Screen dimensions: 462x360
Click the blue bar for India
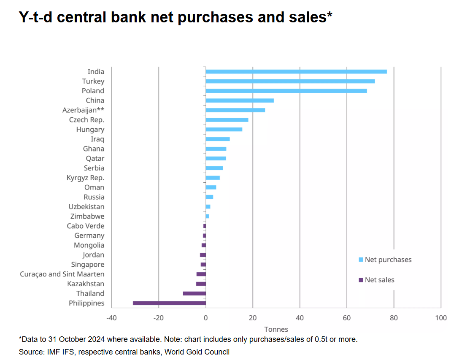[296, 72]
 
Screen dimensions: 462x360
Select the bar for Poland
[286, 91]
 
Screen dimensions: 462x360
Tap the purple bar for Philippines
[170, 303]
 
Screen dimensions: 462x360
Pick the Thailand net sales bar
[194, 293]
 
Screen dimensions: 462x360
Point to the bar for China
[240, 100]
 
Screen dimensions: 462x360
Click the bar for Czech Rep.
[227, 120]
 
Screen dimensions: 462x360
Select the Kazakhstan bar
[201, 284]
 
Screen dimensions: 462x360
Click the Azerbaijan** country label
[84, 110]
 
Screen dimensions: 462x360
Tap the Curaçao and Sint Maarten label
[62, 274]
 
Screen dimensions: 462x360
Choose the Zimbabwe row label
[87, 217]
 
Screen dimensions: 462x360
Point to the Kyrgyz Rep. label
[86, 178]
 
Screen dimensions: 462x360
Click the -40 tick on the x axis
[111, 318]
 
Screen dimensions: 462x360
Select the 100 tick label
[441, 318]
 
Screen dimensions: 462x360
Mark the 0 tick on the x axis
[205, 318]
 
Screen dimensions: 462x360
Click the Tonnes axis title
[276, 329]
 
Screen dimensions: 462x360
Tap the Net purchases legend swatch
[361, 260]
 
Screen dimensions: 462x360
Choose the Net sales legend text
[379, 280]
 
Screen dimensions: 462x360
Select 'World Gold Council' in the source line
[197, 352]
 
